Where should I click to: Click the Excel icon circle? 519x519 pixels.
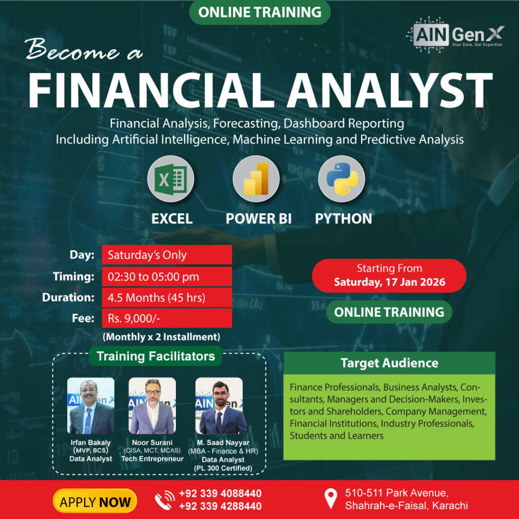[x=170, y=179]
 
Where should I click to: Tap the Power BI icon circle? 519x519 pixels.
[x=256, y=179]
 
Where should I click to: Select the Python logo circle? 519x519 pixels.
[x=342, y=179]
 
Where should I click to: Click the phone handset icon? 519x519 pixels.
[x=165, y=500]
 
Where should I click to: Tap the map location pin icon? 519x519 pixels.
[x=330, y=499]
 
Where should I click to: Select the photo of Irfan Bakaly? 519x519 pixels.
[x=91, y=406]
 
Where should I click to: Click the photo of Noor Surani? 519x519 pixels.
[x=152, y=406]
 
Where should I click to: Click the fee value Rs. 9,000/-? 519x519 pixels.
[x=134, y=318]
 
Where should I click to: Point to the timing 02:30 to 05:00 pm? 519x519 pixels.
[x=154, y=277]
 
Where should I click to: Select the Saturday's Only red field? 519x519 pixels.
[x=167, y=255]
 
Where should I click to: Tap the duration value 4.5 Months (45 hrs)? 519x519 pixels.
[x=157, y=298]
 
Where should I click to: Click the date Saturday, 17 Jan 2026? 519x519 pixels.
[x=390, y=282]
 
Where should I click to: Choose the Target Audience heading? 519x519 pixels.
[x=390, y=363]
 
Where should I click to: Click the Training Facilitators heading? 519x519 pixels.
[x=156, y=356]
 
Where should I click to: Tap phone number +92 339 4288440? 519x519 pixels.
[x=220, y=506]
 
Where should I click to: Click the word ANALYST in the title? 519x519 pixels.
[x=390, y=90]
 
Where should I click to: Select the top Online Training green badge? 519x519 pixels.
[x=260, y=12]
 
